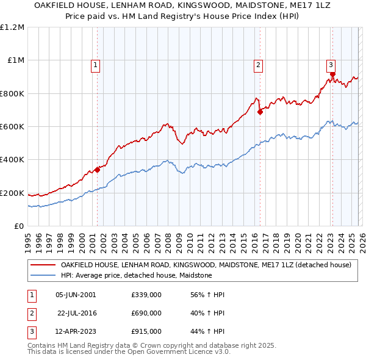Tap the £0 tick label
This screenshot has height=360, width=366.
[19, 226]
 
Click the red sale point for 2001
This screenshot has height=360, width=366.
[97, 170]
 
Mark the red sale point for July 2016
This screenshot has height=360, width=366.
[260, 112]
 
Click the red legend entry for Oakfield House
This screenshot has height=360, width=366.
[206, 265]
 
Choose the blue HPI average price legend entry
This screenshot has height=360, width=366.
[136, 275]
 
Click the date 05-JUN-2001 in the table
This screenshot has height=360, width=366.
[76, 295]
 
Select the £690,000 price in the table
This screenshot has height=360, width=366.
[146, 313]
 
